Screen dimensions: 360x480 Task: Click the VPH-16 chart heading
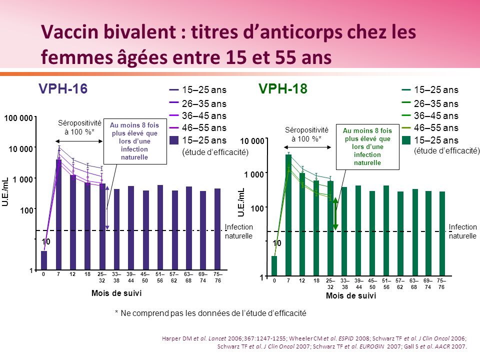coord(63,89)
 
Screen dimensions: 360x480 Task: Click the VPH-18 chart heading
coord(282,89)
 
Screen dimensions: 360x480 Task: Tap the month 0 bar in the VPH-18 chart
coord(274,265)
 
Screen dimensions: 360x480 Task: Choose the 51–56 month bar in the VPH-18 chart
coord(386,229)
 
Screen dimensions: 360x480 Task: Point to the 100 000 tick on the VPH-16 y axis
coord(19,118)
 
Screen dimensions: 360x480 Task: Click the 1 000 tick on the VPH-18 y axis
coord(253,174)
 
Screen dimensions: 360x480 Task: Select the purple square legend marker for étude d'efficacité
coord(174,140)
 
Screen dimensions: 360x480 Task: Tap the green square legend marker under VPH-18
coord(406,140)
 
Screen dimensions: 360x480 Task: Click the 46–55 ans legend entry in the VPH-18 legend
coord(436,128)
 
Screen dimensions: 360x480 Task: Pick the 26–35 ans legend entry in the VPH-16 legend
coord(204,104)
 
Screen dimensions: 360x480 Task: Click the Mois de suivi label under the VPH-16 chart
coord(116,293)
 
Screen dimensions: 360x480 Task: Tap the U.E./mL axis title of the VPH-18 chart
coord(241,202)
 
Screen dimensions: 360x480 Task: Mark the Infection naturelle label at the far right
coord(463,231)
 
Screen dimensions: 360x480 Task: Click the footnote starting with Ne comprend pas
coord(210,312)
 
